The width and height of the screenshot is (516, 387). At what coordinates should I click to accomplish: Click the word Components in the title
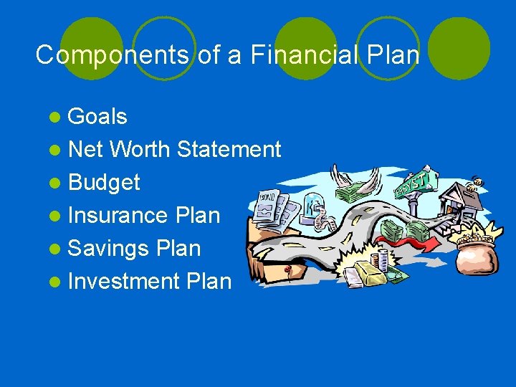[113, 54]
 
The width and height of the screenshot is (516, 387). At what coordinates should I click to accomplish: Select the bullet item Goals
[97, 117]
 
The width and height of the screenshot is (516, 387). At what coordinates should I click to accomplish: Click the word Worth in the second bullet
[140, 150]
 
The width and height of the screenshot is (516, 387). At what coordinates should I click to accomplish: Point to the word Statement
[229, 150]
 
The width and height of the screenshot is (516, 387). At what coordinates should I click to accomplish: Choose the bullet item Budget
[104, 183]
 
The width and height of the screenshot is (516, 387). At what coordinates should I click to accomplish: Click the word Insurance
[118, 215]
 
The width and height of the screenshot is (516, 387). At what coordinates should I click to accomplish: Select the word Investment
[123, 281]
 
